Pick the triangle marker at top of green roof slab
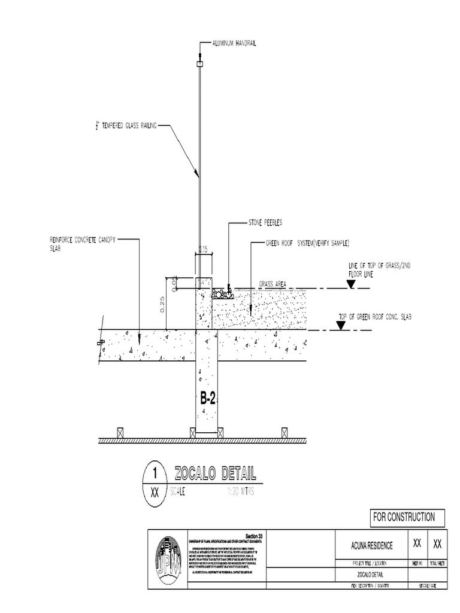coord(341,325)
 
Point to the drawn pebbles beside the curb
coord(222,293)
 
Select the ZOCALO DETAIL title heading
coord(215,475)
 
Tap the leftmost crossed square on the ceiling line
coord(120,432)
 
